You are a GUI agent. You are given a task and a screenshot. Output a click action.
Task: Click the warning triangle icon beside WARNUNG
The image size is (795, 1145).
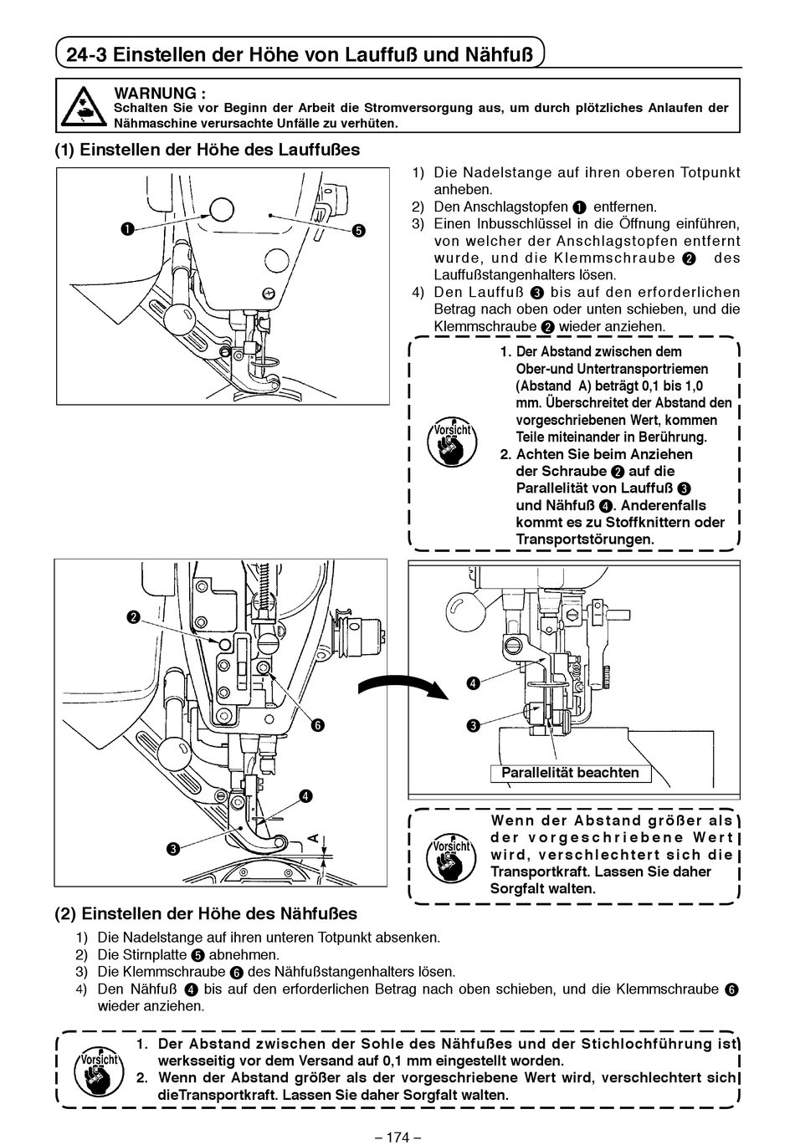[x=84, y=105]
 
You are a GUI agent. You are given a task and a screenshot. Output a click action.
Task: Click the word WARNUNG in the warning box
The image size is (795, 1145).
[x=160, y=93]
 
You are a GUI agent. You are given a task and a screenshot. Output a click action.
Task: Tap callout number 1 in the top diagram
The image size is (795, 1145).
[x=126, y=229]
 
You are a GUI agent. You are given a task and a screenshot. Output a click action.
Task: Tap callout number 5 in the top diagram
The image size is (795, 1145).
[x=359, y=231]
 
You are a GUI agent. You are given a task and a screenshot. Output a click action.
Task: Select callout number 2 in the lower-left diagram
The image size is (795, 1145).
[x=133, y=618]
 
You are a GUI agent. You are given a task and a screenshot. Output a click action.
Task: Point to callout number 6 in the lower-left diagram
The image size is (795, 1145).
[x=318, y=725]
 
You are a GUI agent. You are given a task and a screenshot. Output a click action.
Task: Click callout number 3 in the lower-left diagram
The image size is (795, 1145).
[x=172, y=850]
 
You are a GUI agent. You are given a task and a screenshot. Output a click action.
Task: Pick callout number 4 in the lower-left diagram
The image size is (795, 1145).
[x=306, y=796]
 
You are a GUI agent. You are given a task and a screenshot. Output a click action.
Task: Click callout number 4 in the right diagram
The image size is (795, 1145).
[x=473, y=683]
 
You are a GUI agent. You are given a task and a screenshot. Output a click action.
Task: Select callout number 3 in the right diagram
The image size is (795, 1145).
[x=473, y=725]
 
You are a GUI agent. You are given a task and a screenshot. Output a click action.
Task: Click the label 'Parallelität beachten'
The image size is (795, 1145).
[x=570, y=773]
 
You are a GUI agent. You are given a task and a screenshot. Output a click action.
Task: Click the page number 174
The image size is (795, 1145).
[x=397, y=1137]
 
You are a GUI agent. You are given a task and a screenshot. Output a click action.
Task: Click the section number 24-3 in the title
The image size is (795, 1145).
[x=85, y=55]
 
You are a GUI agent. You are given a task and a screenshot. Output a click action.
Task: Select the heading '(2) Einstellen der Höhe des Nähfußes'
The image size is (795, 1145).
[x=206, y=913]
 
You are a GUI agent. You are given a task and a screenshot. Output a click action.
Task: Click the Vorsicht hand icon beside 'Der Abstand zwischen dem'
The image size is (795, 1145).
[x=452, y=442]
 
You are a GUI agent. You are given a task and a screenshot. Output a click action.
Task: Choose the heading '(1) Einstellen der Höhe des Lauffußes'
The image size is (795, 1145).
[x=208, y=150]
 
